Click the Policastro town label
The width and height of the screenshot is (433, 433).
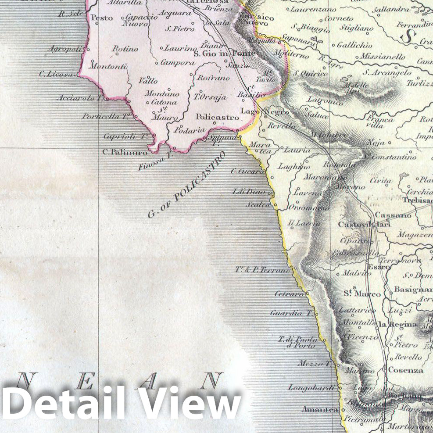pos(217,117)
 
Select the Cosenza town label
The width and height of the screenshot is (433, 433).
pos(406,370)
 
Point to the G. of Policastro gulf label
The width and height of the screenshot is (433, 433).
pos(186,186)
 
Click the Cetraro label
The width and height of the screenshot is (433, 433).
pos(289,294)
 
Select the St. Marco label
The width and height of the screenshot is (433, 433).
pos(356,293)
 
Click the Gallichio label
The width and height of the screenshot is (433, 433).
pos(354,45)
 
